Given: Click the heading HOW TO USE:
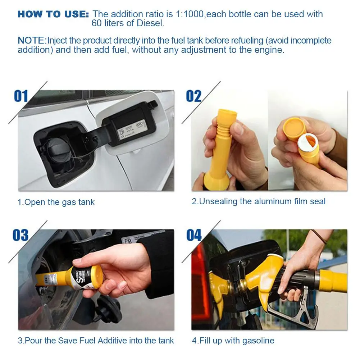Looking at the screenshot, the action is (x=53, y=14).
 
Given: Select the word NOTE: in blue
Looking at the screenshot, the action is (x=32, y=40).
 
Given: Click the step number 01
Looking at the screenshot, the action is (x=21, y=96).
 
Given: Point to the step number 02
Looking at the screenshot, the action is (x=193, y=96).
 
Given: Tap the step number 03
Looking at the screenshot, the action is (x=20, y=235).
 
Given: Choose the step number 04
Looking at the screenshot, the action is (x=194, y=235).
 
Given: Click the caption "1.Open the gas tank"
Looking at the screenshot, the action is (x=56, y=202).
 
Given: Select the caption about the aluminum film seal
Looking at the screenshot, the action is (x=259, y=201).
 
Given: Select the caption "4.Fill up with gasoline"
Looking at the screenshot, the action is (x=233, y=341).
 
